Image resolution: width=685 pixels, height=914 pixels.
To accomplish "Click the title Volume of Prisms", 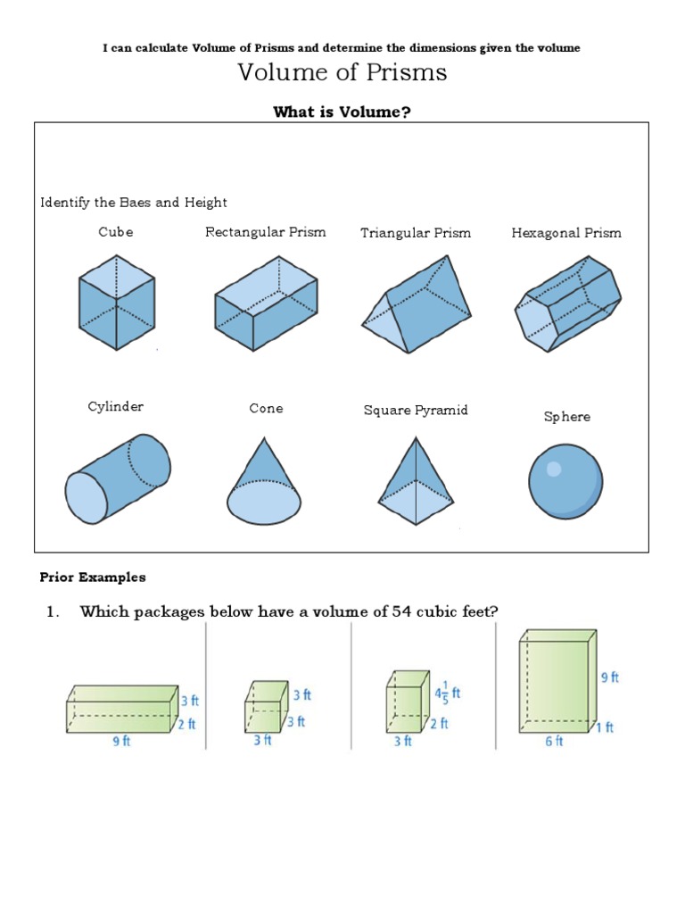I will pos(342,73).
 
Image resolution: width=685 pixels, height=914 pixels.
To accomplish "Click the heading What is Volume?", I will pos(342,111).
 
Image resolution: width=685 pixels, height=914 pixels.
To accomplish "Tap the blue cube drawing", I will pos(116,302).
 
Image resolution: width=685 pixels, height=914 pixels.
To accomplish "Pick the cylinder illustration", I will pos(117,478).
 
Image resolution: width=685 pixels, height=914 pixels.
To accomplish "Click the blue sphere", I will pos(565,481).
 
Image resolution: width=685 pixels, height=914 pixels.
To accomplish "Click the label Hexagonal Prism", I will pos(566,233).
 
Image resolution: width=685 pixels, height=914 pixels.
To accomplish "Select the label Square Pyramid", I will pos(416,411).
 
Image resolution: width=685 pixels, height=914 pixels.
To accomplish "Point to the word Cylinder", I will pos(116,407).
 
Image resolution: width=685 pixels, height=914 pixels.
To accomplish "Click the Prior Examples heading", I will pos(93,577).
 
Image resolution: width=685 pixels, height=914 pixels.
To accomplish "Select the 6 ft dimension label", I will pos(554,741).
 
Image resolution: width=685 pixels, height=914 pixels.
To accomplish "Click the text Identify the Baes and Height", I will pos(134,203).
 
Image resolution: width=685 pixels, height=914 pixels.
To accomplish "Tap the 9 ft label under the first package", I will pos(120,742).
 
